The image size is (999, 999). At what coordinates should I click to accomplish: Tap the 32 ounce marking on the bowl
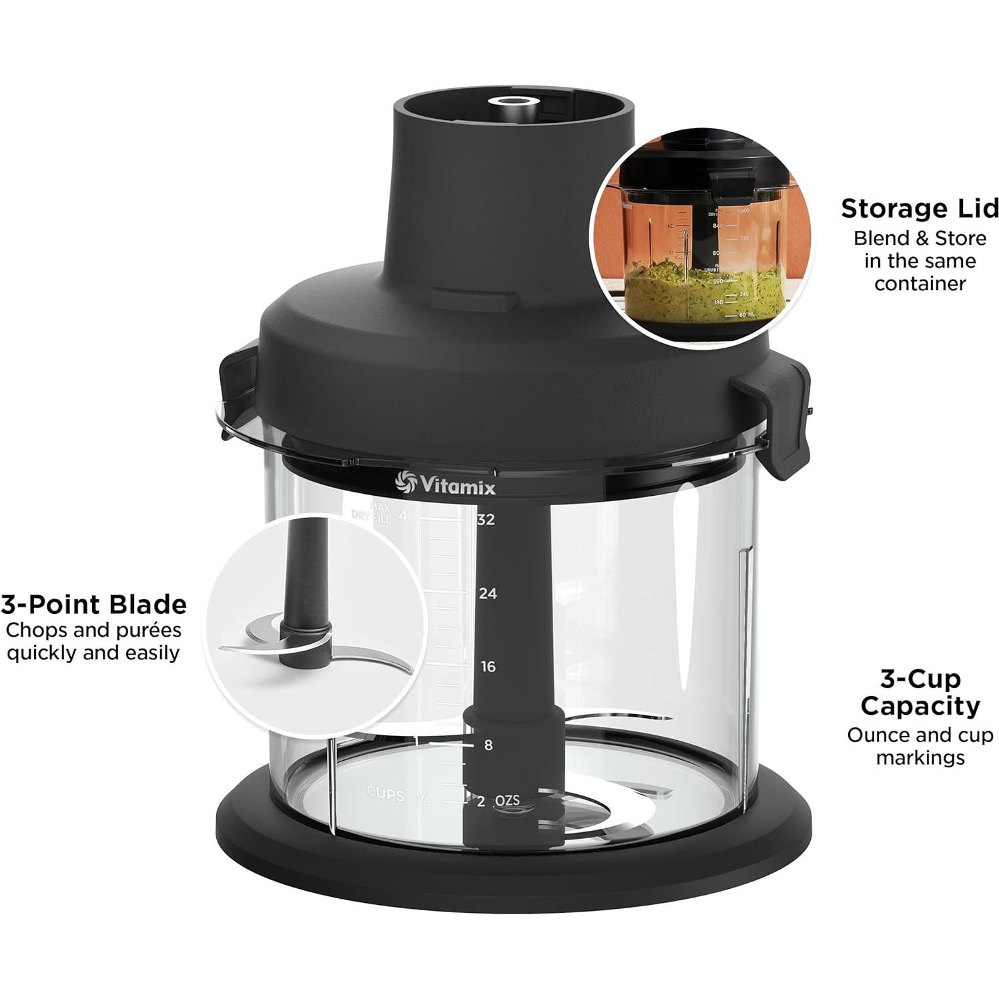(x=486, y=519)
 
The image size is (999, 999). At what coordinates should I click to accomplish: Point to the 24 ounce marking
(x=487, y=593)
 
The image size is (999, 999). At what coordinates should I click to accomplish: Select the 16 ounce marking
(x=488, y=667)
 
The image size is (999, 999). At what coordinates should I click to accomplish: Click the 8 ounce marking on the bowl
(x=488, y=745)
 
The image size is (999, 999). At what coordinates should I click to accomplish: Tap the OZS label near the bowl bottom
(x=507, y=800)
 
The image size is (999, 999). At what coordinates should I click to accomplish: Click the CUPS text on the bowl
(x=385, y=794)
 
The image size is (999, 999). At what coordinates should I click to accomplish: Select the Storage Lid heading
(x=920, y=208)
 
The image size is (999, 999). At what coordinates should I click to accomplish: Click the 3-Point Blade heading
(x=94, y=605)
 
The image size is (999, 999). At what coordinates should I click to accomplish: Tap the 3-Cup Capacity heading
(x=920, y=692)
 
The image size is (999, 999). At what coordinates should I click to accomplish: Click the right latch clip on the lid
(x=778, y=420)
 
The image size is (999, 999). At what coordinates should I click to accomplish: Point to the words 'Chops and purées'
(x=93, y=630)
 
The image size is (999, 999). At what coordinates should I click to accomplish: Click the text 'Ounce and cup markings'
(x=920, y=746)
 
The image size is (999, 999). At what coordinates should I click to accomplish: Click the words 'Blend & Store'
(x=920, y=238)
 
